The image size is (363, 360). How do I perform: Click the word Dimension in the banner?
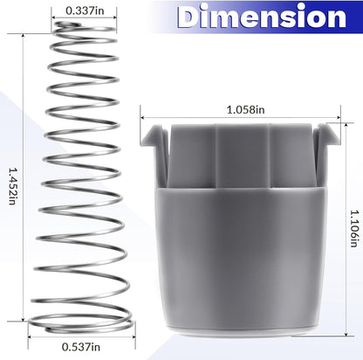tap(262, 17)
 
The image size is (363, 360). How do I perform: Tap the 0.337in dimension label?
tap(85, 10)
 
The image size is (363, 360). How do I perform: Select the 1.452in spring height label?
tap(12, 186)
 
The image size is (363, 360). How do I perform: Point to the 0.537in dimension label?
tap(81, 347)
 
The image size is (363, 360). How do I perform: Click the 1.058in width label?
tap(246, 110)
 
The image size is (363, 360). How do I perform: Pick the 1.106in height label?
tap(354, 229)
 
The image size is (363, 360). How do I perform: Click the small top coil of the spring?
tap(67, 24)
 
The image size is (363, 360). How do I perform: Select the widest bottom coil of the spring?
tap(81, 323)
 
